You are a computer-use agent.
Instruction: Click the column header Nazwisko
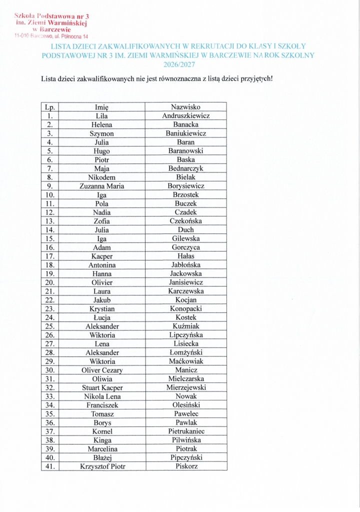coord(185,107)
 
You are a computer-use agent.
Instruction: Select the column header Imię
coord(102,107)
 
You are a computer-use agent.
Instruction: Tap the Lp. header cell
coord(50,107)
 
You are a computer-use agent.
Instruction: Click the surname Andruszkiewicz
coord(185,116)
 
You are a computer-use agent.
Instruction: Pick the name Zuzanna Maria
coord(102,186)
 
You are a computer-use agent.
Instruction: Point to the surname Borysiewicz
coord(185,186)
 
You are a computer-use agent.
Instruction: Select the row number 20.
coord(50,282)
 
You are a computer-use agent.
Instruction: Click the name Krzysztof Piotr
coord(102,466)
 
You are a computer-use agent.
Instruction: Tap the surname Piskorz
coord(185,466)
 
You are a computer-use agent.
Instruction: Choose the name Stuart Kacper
coord(102,387)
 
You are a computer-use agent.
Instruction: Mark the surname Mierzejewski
coord(185,387)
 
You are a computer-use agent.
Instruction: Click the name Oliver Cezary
coord(102,370)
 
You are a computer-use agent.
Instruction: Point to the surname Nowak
coord(185,396)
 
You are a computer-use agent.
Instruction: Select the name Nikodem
coord(102,177)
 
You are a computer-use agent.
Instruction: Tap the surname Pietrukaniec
coord(185,431)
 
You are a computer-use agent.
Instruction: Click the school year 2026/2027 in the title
coord(178,64)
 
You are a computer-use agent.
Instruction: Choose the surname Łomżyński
coord(185,352)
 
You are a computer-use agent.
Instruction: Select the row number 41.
coord(50,466)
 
